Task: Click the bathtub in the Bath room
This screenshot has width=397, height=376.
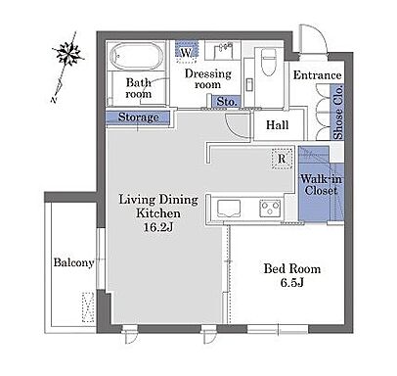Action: (x=137, y=56)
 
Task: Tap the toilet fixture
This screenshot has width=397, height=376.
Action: (x=269, y=62)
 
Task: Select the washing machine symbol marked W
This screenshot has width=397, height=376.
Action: (x=187, y=52)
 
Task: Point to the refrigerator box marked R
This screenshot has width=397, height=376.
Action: (x=282, y=159)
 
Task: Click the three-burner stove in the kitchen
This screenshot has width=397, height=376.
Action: (x=270, y=209)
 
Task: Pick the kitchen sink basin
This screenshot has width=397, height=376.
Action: (x=229, y=209)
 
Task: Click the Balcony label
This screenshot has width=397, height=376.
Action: (x=74, y=262)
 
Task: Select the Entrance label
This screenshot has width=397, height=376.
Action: (x=318, y=75)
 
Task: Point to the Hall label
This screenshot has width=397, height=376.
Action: (x=278, y=124)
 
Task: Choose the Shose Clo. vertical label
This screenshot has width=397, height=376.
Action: (x=338, y=112)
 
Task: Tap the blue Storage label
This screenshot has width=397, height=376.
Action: (x=138, y=117)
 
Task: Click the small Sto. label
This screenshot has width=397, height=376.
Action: (x=227, y=102)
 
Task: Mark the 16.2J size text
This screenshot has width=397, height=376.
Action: (x=158, y=227)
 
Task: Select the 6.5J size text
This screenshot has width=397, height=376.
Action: (x=292, y=282)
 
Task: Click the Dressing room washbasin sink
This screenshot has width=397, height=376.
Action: (x=223, y=51)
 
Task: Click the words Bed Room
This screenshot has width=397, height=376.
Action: (x=292, y=268)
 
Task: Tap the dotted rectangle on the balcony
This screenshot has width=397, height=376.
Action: (x=88, y=307)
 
